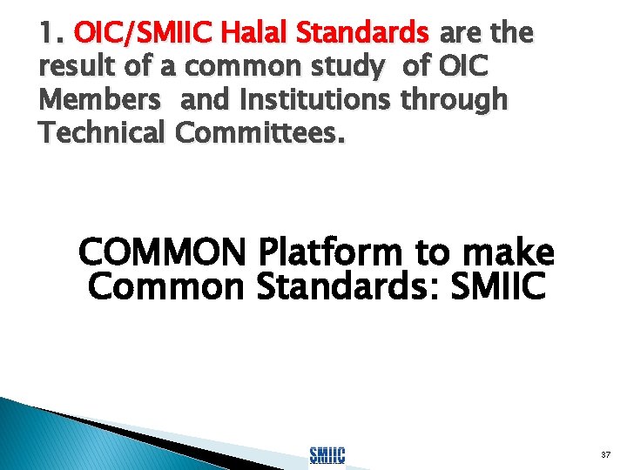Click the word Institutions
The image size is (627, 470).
click(300, 100)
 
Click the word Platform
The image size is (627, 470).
click(332, 252)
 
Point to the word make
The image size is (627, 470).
click(505, 252)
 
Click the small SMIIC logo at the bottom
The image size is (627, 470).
click(327, 453)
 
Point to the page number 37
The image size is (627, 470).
click(604, 454)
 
